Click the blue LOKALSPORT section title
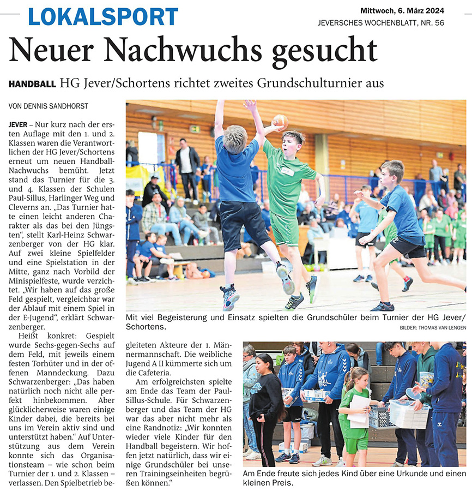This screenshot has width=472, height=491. pos(103,16)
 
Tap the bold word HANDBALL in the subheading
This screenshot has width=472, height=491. pos(32,84)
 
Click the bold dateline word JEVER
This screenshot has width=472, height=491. pos(19,125)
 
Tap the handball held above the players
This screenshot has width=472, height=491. pos(280,121)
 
